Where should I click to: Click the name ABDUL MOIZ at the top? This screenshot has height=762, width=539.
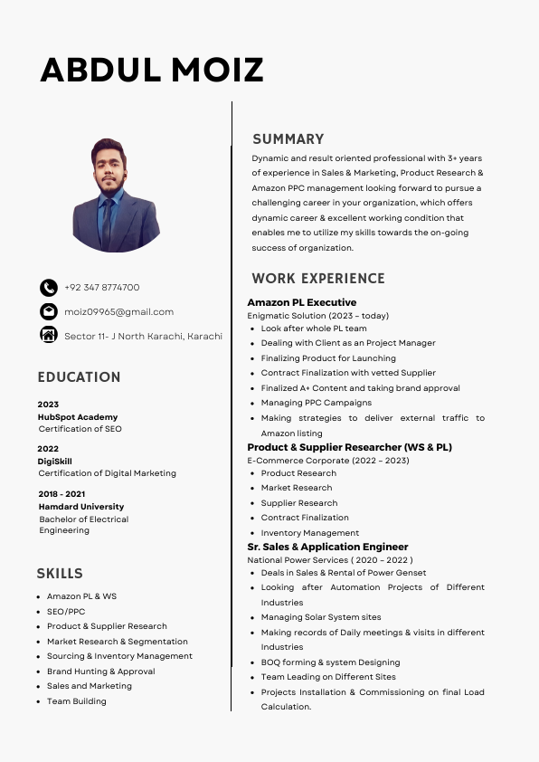152,70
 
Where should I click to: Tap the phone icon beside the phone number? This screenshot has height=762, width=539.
49,288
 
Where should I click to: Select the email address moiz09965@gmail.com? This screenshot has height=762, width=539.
118,312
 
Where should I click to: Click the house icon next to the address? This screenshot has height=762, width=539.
49,336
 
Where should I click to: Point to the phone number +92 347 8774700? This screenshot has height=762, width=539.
101,288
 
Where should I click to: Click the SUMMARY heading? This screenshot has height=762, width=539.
288,139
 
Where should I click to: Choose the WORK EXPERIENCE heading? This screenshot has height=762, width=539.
318,279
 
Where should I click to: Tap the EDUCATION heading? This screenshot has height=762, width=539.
79,377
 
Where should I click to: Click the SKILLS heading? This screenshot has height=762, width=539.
60,574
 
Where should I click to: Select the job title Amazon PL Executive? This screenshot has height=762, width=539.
302,302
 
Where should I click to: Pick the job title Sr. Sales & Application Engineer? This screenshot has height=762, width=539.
327,547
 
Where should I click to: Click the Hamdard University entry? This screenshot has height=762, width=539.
81,507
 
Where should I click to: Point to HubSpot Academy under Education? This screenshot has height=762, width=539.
78,417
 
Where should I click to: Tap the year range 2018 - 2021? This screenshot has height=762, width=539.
61,494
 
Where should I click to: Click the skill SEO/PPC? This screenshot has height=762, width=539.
66,612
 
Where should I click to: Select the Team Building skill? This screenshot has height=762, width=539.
77,701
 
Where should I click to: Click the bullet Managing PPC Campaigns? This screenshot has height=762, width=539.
316,403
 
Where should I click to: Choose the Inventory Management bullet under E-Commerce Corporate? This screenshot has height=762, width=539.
309,533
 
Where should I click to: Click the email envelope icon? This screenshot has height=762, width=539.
49,311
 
